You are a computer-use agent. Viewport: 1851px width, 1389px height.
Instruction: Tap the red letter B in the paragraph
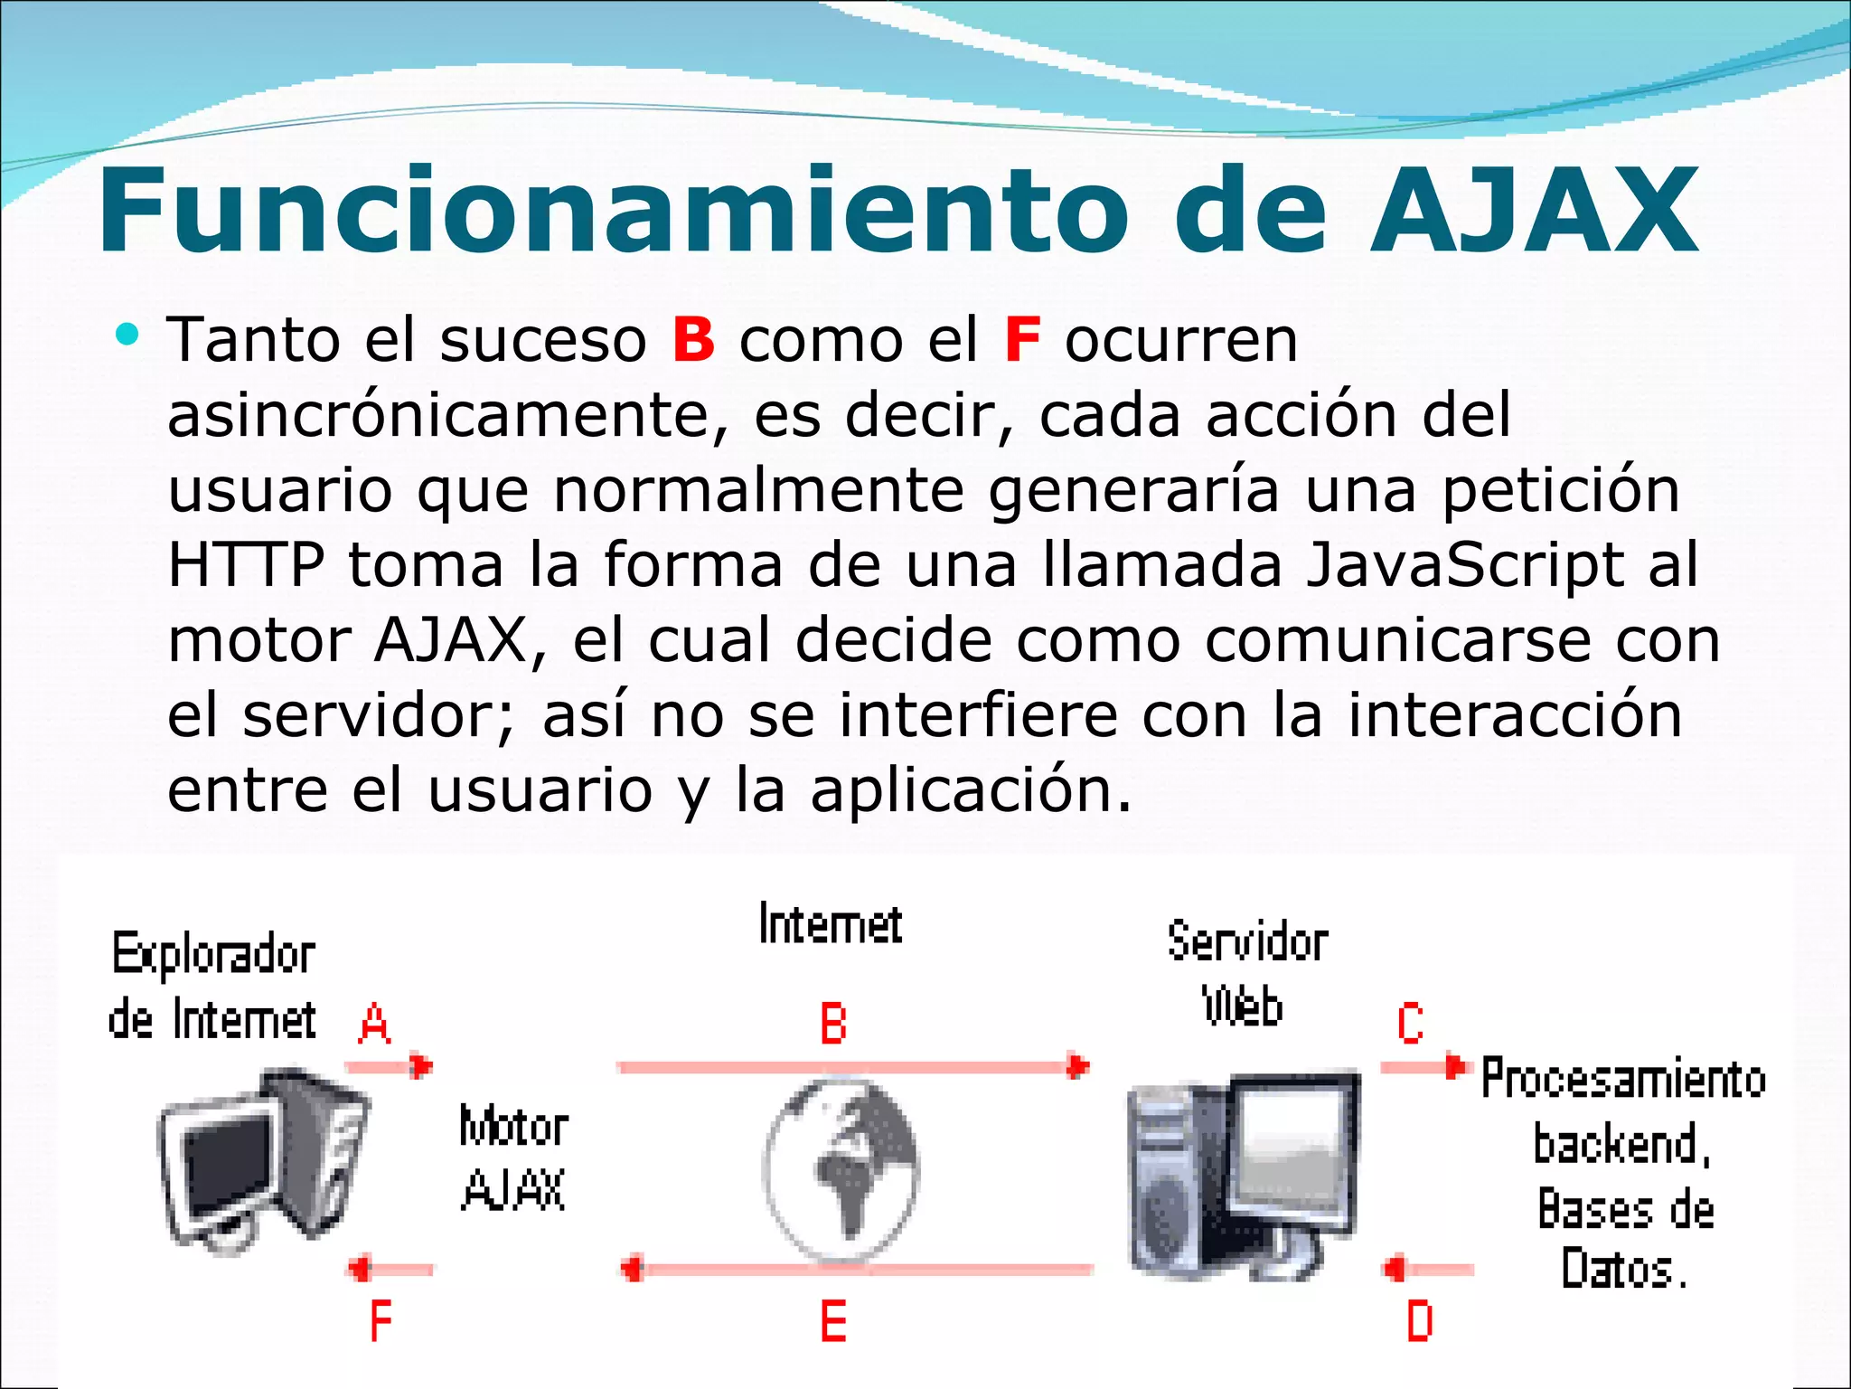click(x=693, y=340)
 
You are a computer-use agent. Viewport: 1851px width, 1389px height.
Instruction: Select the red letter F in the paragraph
click(x=1021, y=340)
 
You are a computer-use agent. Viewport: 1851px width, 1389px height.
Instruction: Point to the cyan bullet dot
click(x=127, y=335)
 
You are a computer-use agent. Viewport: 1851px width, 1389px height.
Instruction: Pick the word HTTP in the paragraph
click(x=246, y=565)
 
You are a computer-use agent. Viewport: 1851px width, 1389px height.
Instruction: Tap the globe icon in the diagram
click(x=841, y=1168)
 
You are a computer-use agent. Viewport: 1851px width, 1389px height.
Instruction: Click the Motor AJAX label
click(x=513, y=1158)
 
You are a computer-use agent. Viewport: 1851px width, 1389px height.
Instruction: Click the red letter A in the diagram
click(x=374, y=1025)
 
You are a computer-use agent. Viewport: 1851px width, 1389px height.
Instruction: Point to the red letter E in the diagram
click(x=832, y=1321)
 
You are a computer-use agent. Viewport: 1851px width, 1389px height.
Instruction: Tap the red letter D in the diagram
click(x=1419, y=1321)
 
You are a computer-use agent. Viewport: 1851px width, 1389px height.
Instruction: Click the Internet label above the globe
click(x=830, y=924)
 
